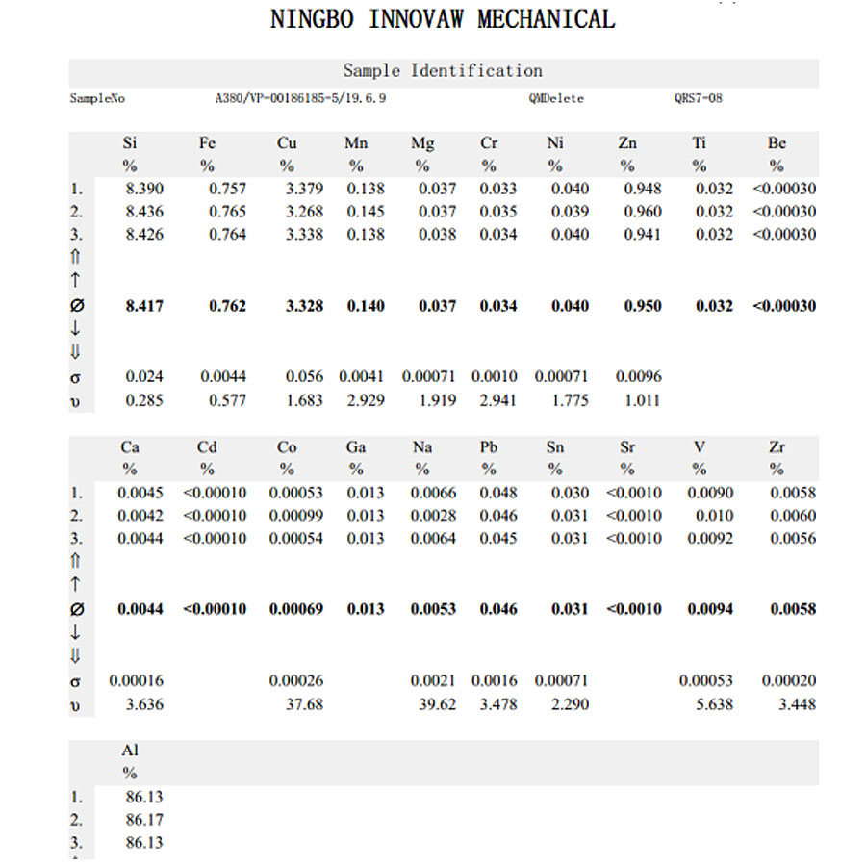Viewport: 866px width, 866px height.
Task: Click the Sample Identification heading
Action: pos(443,71)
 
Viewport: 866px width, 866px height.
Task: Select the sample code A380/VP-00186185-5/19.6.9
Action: pos(301,98)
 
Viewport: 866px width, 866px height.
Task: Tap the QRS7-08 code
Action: pos(699,98)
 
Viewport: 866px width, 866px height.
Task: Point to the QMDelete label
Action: pos(556,98)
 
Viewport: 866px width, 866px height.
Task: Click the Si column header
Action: pos(129,143)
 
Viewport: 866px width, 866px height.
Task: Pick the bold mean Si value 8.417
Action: pos(144,306)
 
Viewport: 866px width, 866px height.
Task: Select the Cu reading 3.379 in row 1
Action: pos(305,189)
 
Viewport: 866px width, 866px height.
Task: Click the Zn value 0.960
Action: pos(643,212)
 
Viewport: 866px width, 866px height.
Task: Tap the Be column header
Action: pos(777,143)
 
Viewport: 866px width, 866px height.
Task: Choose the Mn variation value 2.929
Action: pos(366,400)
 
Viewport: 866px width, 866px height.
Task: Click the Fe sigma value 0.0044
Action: pos(223,377)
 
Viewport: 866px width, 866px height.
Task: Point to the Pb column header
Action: pos(488,447)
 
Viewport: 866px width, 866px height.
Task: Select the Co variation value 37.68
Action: pos(304,704)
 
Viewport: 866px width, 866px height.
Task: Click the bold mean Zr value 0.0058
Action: pos(794,609)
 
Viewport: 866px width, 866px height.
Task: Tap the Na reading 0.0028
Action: pos(434,516)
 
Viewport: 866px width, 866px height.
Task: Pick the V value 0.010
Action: pos(715,516)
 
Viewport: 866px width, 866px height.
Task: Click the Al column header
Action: pos(130,750)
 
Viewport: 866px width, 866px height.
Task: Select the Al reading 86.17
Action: pos(144,820)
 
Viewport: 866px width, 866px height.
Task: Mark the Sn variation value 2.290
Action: pos(571,704)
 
